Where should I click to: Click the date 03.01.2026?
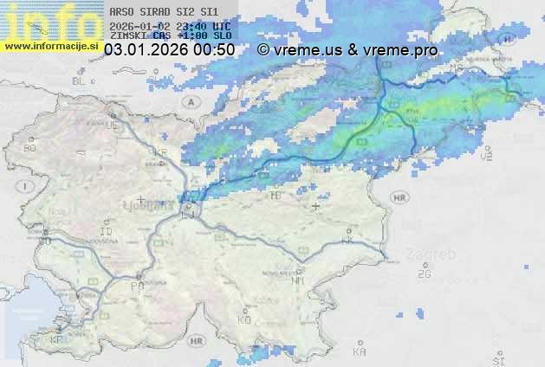(x=146, y=50)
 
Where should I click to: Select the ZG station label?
(x=424, y=274)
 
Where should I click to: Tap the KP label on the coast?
(x=56, y=340)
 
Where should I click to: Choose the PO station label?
(x=136, y=285)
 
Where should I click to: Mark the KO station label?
(x=244, y=319)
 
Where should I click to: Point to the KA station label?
(x=359, y=351)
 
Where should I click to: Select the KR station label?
(x=160, y=152)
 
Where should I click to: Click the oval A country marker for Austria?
(x=190, y=101)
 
